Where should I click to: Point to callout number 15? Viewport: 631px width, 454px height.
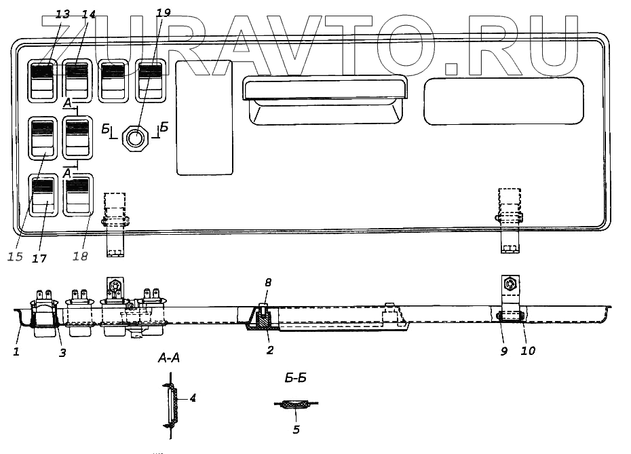[16, 257]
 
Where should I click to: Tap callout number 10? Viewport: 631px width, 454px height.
[528, 351]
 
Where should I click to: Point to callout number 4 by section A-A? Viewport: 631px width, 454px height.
[193, 398]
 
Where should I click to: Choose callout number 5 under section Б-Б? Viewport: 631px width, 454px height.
[297, 429]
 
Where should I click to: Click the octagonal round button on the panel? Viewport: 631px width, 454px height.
[135, 139]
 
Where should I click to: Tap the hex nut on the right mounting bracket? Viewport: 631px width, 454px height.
[509, 282]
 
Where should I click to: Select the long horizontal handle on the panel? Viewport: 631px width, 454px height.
[324, 88]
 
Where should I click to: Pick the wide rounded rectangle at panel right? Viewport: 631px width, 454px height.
[504, 100]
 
